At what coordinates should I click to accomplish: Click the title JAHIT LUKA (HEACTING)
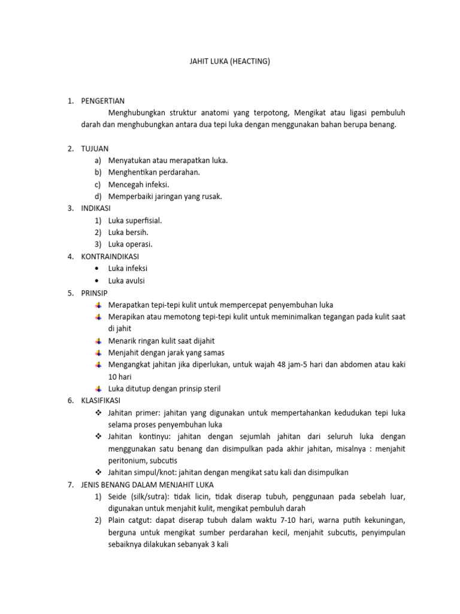(230, 61)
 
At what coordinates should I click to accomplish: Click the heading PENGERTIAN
(103, 101)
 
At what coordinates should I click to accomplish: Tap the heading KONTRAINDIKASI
(110, 257)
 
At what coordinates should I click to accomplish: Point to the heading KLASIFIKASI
(101, 401)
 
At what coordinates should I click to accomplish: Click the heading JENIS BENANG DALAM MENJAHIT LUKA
(147, 484)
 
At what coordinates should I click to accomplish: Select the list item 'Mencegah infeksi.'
(138, 185)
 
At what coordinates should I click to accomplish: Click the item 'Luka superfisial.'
(135, 221)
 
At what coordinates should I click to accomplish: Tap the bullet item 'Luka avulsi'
(126, 281)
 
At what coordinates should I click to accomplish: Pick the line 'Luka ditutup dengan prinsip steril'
(164, 389)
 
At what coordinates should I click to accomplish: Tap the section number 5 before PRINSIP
(69, 293)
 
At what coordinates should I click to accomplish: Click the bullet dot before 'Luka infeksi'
(97, 269)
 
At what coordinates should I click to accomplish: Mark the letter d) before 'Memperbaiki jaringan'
(98, 197)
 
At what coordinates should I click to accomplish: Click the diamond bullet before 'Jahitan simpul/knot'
(98, 472)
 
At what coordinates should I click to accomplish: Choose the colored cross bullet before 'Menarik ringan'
(98, 341)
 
